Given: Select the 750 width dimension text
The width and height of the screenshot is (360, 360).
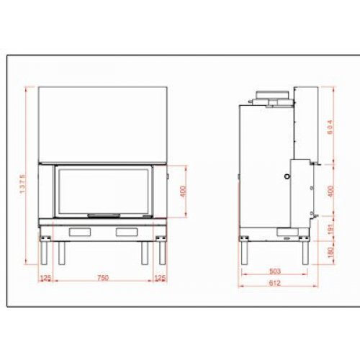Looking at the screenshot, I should tap(103, 278).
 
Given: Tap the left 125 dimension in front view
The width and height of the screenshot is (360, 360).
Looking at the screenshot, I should tap(45, 278).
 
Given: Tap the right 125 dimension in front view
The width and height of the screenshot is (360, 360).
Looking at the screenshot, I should tap(161, 278).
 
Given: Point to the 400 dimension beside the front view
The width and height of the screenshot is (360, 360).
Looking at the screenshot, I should tap(183, 192).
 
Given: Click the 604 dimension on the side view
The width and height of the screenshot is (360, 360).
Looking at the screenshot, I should tap(330, 127).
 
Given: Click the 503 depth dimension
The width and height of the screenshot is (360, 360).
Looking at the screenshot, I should tap(274, 272).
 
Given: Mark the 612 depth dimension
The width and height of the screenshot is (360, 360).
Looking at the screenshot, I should tap(276, 283).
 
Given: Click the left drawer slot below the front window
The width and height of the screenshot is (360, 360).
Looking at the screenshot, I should tap(80, 231).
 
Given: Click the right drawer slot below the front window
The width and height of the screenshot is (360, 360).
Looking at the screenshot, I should tap(127, 231).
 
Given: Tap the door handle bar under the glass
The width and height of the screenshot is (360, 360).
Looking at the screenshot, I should tap(104, 215).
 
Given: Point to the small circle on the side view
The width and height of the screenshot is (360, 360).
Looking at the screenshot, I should tap(289, 175).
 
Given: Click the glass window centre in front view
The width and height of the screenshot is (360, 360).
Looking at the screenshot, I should tap(104, 190).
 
